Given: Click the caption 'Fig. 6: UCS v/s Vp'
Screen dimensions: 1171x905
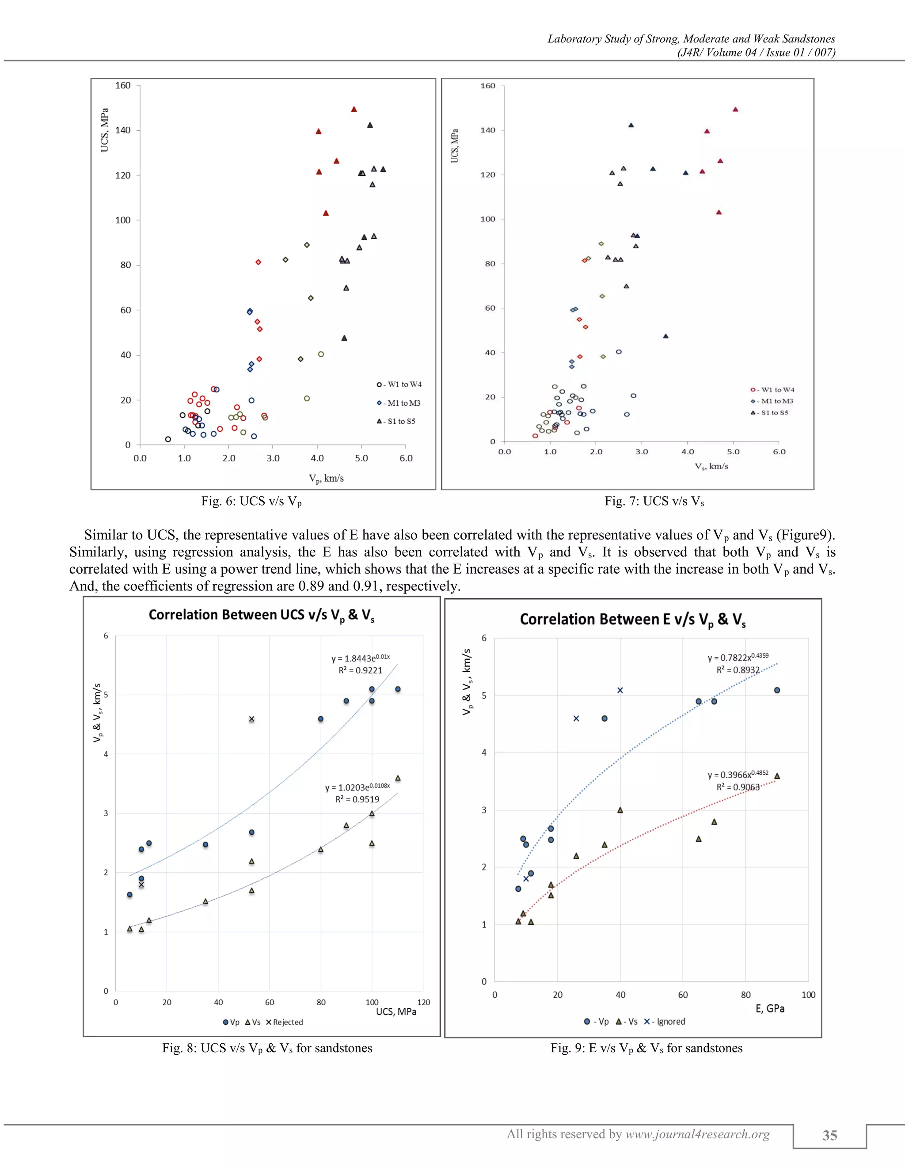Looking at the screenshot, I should coord(251,502).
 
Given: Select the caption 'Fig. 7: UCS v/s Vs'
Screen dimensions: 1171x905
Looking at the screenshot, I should coord(654,502).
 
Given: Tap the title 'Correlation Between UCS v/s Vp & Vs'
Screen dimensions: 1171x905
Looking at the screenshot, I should coord(262,615).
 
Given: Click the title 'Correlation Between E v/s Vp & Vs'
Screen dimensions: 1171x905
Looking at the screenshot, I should coord(633,620).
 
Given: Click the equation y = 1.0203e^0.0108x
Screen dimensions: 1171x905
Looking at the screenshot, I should coord(357,787).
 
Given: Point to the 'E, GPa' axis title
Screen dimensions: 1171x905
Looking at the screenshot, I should coord(770,1008).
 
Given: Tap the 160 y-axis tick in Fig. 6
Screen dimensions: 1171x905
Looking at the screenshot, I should coord(123,86).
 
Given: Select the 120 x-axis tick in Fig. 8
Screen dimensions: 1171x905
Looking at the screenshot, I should coord(423,1003).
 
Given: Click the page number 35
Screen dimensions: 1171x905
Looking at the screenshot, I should coord(829,1136).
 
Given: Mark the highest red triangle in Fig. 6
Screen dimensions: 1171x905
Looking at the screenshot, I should coord(354,110).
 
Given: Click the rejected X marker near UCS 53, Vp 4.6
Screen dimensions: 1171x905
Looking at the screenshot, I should coord(251,719).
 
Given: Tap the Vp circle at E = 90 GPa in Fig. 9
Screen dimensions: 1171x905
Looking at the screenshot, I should coord(777,691).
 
